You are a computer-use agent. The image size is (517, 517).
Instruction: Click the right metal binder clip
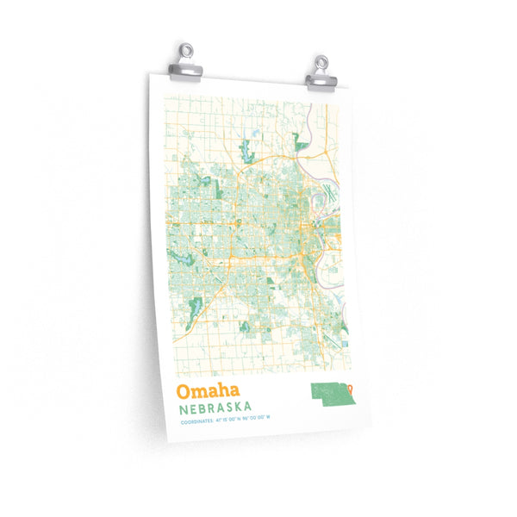[321, 74]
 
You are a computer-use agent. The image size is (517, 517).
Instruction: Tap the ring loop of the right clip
[322, 62]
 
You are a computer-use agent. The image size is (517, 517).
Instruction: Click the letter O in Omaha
[183, 391]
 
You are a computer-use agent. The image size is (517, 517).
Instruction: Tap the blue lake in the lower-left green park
[195, 306]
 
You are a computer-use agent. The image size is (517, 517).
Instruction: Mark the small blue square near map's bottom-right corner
[345, 343]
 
